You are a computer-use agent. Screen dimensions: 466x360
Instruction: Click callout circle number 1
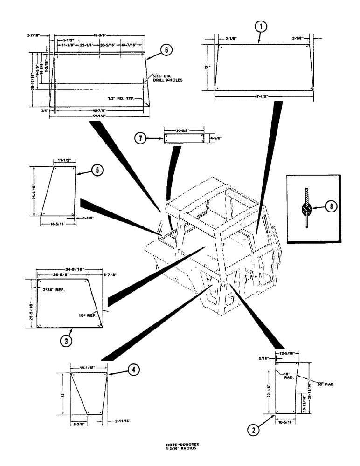pos(261,27)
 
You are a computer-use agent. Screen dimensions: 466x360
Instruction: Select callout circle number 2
pos(253,430)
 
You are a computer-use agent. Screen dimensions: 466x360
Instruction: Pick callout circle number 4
pos(132,370)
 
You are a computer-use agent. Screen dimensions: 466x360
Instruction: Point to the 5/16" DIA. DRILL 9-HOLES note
pos(167,78)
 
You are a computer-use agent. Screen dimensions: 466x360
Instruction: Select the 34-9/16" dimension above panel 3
pos(69,269)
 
